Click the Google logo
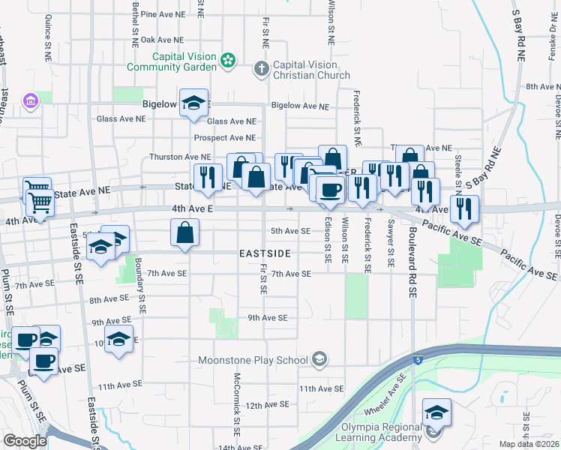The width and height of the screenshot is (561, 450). [25, 441]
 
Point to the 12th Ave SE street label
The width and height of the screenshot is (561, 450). [267, 405]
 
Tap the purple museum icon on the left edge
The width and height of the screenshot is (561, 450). [30, 101]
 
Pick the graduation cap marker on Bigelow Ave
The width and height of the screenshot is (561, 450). [194, 106]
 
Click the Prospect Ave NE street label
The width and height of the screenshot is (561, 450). [225, 138]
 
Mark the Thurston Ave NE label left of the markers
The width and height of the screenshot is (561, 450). [178, 157]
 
